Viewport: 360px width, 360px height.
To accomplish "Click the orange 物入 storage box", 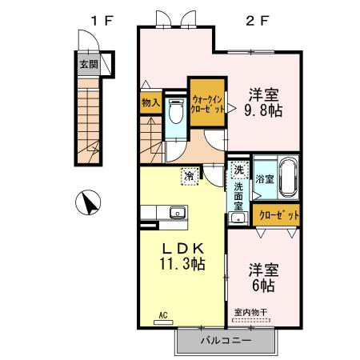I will [150, 102].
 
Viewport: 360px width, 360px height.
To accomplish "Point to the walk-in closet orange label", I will [208, 102].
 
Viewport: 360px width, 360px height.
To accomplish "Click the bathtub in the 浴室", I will [288, 178].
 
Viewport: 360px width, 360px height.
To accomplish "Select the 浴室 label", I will [264, 180].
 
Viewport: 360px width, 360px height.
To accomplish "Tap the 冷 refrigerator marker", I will [190, 174].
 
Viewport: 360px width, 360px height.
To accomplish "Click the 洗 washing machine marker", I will [238, 170].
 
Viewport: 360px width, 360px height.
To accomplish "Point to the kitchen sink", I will [176, 213].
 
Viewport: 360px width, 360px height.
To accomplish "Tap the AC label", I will [162, 315].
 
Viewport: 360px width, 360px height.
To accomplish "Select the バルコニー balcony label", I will [225, 340].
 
